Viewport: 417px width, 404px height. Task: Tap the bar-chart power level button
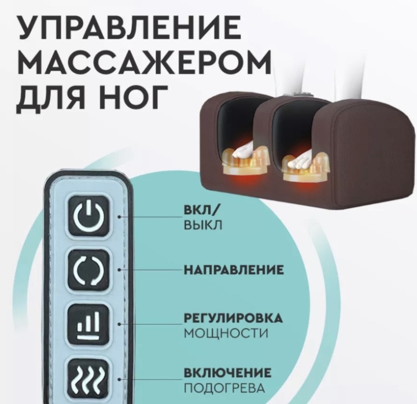click(x=88, y=325)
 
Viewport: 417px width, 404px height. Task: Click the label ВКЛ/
click(x=201, y=210)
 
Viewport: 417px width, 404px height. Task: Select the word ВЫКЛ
click(x=203, y=225)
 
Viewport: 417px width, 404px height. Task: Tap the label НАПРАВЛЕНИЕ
click(x=234, y=270)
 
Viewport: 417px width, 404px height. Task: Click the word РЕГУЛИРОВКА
click(x=233, y=318)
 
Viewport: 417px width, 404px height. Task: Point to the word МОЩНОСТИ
click(x=226, y=333)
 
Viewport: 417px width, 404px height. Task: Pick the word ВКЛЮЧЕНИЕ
click(x=228, y=372)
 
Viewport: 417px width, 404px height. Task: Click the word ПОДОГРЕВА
click(x=225, y=388)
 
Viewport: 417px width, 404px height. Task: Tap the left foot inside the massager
click(x=243, y=152)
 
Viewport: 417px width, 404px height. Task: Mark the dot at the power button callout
click(x=120, y=217)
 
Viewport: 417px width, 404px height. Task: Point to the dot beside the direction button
click(x=120, y=270)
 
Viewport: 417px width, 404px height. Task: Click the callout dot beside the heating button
click(x=120, y=379)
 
